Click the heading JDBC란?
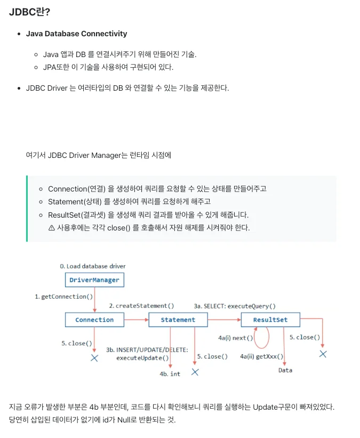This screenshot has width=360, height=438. (x=29, y=12)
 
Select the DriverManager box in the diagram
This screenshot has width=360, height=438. (x=94, y=280)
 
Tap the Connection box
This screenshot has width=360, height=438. (x=94, y=320)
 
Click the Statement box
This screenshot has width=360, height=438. (x=178, y=320)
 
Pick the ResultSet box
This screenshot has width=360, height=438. (x=270, y=320)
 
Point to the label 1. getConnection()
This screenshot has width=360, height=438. (x=64, y=297)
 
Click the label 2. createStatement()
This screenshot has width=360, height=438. (x=141, y=306)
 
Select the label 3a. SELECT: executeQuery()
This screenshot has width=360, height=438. (x=235, y=306)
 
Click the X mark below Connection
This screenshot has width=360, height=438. (x=94, y=358)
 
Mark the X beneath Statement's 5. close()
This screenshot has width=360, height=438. (x=195, y=372)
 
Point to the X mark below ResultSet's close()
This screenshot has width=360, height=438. (x=323, y=354)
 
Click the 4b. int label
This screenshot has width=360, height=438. (x=170, y=374)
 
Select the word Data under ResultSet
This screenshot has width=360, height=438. (x=285, y=370)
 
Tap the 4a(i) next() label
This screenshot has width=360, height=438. (x=235, y=338)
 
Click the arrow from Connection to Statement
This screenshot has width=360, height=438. (x=135, y=320)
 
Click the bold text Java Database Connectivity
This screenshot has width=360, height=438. (x=76, y=34)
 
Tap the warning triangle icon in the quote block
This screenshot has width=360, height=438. (x=52, y=227)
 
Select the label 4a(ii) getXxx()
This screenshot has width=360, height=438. (x=262, y=356)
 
